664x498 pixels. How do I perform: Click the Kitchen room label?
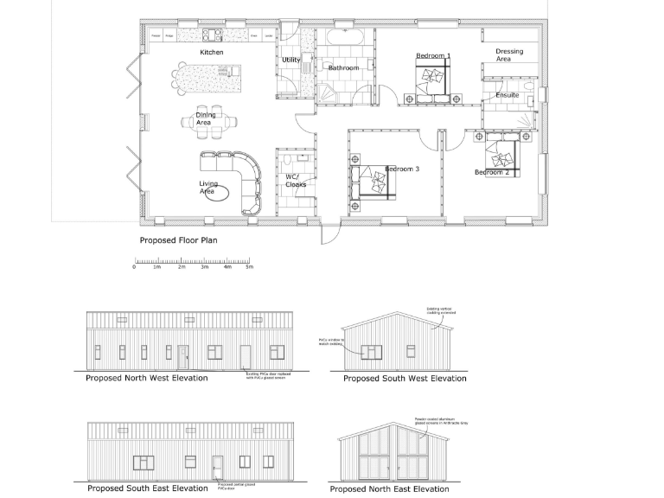pyautogui.click(x=212, y=53)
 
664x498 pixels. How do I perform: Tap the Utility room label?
pyautogui.click(x=291, y=60)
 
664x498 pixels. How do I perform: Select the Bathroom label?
pyautogui.click(x=343, y=67)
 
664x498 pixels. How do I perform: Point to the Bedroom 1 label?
pyautogui.click(x=433, y=56)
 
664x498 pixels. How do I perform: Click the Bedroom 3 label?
pyautogui.click(x=402, y=169)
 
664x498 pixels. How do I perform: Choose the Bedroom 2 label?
pyautogui.click(x=491, y=172)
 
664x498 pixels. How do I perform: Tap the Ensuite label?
pyautogui.click(x=508, y=95)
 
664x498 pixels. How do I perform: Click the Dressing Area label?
pyautogui.click(x=509, y=56)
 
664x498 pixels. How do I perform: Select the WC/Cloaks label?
pyautogui.click(x=296, y=181)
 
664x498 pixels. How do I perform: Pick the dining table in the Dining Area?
pyautogui.click(x=207, y=124)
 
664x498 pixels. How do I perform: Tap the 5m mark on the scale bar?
pyautogui.click(x=249, y=267)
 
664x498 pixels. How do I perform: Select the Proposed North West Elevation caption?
pyautogui.click(x=146, y=378)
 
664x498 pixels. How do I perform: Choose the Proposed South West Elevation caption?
pyautogui.click(x=405, y=379)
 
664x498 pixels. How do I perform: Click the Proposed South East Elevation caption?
pyautogui.click(x=146, y=488)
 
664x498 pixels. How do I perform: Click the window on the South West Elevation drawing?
pyautogui.click(x=372, y=351)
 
